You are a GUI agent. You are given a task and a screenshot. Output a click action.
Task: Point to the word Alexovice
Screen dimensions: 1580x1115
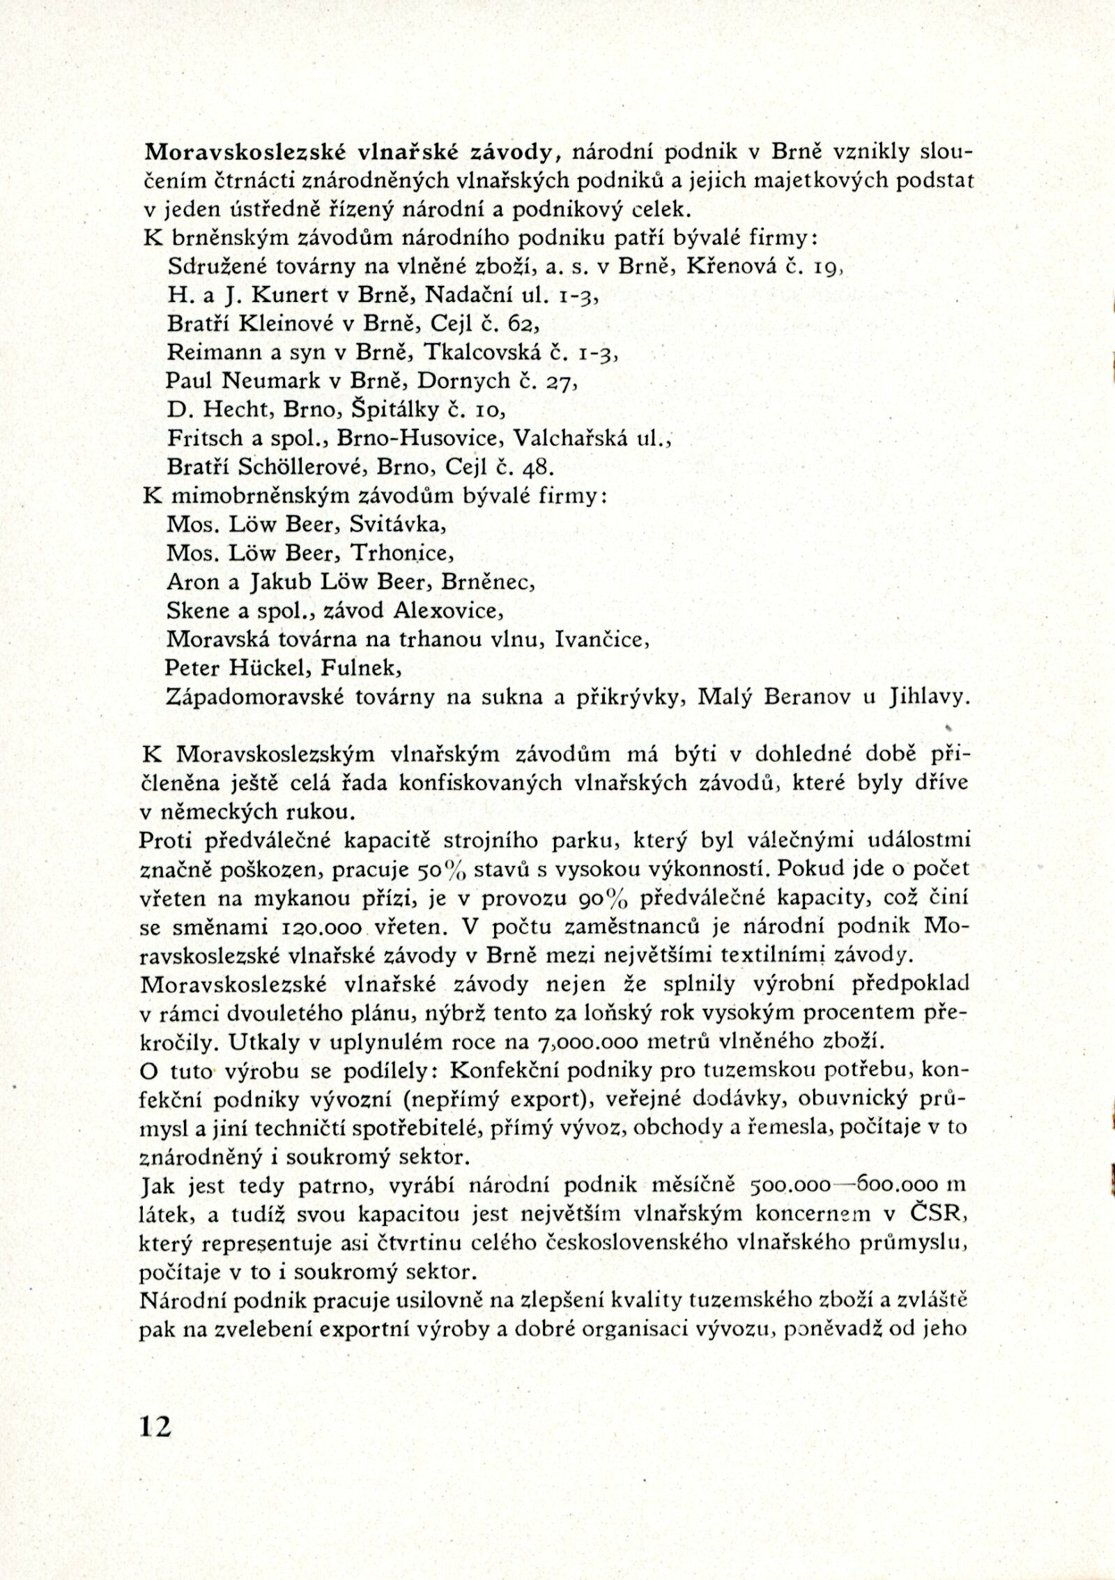[447, 611]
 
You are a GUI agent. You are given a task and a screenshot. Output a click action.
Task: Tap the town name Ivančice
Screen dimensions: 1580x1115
[598, 639]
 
